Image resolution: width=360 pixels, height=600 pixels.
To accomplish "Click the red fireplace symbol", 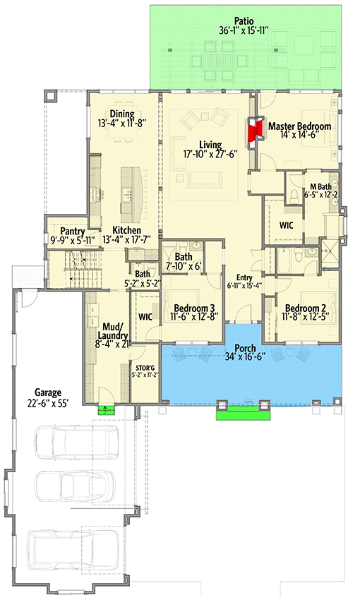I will tap(254, 131).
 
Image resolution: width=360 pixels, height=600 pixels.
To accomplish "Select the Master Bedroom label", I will tap(299, 126).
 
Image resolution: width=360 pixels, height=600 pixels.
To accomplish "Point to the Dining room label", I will tap(123, 114).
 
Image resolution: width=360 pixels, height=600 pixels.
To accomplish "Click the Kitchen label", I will tap(126, 230).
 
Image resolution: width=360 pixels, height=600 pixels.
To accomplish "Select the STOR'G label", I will tap(144, 367).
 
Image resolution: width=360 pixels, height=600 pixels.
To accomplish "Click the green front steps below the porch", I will tap(244, 415).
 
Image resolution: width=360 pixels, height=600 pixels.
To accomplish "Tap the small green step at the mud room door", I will tap(107, 407).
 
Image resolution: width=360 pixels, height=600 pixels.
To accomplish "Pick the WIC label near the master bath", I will tap(286, 225).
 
